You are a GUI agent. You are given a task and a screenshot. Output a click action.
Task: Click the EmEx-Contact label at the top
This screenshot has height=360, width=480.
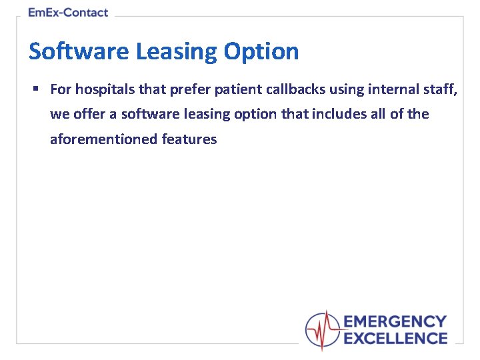[69, 13]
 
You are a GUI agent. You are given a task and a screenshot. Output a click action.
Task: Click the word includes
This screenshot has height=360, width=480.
[339, 114]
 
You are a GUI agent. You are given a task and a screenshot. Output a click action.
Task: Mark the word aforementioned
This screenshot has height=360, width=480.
[103, 139]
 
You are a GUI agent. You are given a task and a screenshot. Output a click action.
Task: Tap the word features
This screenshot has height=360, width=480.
[189, 139]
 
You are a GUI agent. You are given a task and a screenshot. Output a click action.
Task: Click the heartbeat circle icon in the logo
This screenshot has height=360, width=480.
[323, 330]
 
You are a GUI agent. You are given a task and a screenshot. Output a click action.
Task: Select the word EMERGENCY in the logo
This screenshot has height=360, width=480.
[395, 323]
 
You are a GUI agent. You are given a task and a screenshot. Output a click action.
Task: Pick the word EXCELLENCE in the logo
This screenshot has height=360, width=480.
[395, 339]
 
